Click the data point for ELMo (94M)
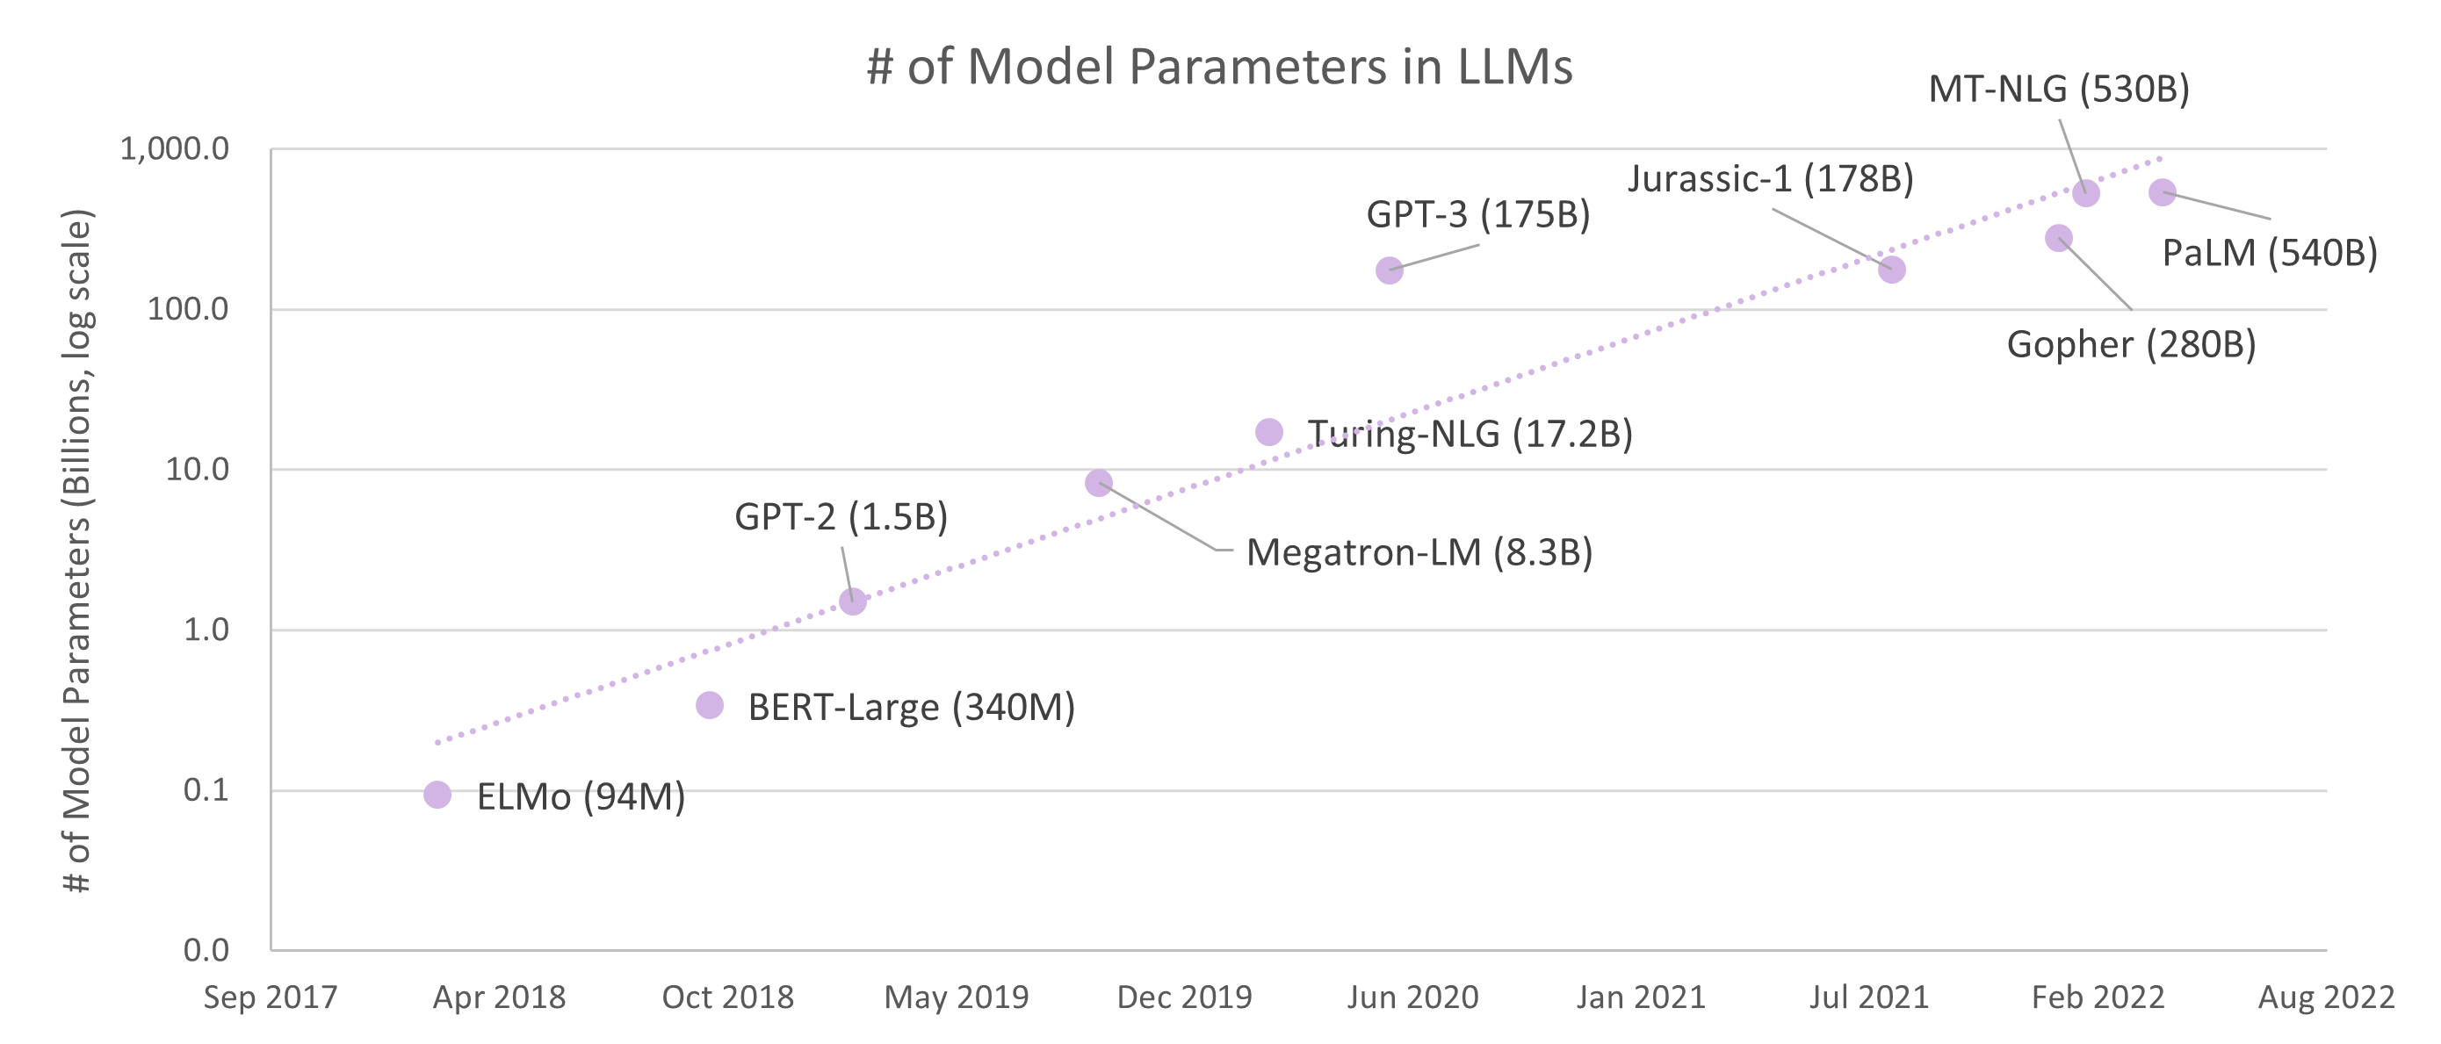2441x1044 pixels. [437, 795]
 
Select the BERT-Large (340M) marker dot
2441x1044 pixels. [710, 705]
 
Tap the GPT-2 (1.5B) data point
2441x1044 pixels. [853, 601]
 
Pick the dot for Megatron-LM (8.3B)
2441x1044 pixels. [1098, 483]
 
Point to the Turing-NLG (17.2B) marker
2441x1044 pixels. [1269, 432]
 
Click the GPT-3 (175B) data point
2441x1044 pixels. [1390, 271]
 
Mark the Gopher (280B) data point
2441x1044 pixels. [2058, 238]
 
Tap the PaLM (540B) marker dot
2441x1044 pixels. [2163, 192]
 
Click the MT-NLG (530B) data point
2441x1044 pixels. [2085, 193]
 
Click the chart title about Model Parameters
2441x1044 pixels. [1219, 68]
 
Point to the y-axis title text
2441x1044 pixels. [77, 550]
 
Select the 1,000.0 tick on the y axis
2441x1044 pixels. [174, 148]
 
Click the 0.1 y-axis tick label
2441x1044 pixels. [206, 790]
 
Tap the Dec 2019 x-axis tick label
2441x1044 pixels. [1185, 997]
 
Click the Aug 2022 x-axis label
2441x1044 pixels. [2326, 997]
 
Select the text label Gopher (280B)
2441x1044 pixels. [2131, 344]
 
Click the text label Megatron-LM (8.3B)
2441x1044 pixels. [1419, 552]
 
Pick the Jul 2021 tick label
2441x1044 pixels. [1868, 997]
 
